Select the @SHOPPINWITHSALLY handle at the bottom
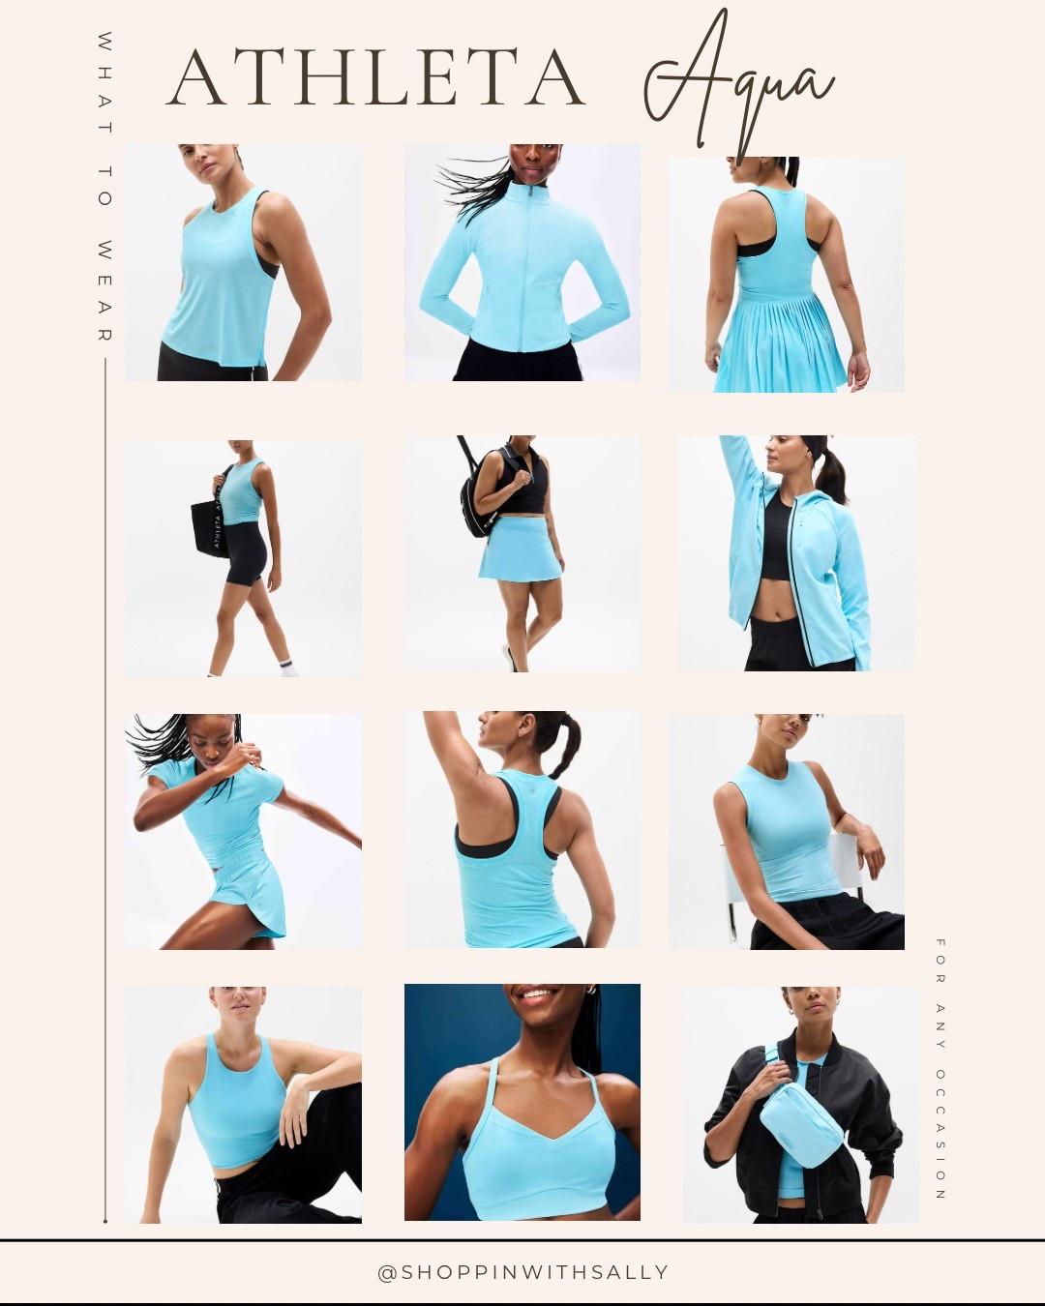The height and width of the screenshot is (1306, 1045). (522, 1272)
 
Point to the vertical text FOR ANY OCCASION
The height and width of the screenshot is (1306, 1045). (940, 1069)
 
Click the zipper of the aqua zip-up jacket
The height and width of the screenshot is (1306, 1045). (529, 271)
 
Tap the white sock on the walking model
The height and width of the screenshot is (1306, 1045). (286, 667)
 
